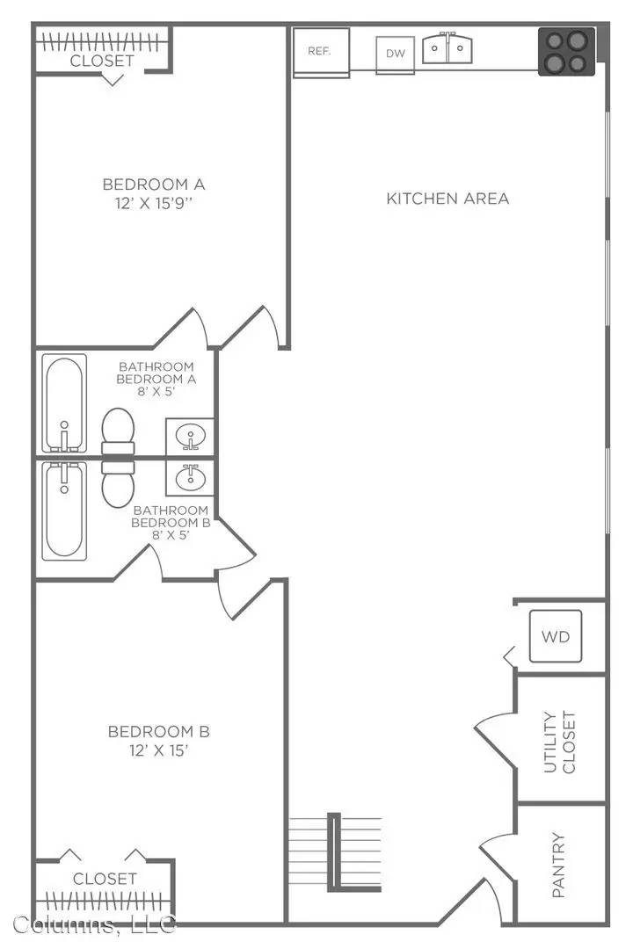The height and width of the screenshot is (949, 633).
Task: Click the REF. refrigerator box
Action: (x=321, y=52)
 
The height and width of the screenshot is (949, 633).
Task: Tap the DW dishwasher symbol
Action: (x=396, y=53)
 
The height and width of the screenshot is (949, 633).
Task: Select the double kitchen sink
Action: (x=448, y=48)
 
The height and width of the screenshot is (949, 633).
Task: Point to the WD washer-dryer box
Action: (x=556, y=635)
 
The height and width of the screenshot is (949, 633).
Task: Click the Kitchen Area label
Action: (x=447, y=199)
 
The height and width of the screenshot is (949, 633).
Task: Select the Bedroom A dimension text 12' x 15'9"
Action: (x=154, y=203)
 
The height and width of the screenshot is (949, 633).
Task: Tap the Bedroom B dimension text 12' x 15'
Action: (x=158, y=750)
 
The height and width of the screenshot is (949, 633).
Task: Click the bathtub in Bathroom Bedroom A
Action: (x=66, y=404)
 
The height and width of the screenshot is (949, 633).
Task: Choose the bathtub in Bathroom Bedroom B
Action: (x=66, y=510)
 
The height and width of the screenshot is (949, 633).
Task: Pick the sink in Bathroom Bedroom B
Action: (x=189, y=478)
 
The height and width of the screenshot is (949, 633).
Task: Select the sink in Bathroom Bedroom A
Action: (x=189, y=436)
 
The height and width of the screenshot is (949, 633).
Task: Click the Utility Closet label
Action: (x=559, y=742)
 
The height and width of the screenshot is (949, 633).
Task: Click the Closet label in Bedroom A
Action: (x=102, y=61)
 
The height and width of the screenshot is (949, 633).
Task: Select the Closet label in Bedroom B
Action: (x=105, y=878)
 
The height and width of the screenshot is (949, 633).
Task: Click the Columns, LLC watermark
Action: (x=94, y=924)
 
